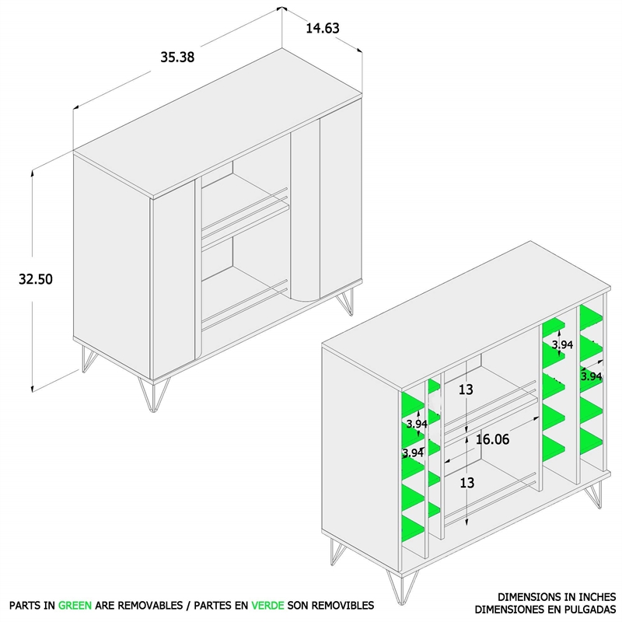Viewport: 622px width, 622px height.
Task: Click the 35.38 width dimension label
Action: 177,57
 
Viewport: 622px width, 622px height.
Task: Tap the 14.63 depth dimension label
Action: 323,28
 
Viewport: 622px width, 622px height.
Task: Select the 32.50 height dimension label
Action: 36,279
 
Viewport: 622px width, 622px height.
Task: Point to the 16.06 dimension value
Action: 492,439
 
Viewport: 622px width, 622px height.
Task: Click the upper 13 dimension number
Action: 466,390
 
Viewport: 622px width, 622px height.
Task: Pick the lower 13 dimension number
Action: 467,483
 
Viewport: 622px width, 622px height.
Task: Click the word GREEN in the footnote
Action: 75,606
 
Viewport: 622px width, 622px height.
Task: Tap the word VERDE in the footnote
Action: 267,606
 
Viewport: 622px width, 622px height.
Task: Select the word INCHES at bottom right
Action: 596,596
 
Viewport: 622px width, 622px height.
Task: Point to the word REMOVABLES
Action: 150,606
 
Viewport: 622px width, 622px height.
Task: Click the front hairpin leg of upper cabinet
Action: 154,394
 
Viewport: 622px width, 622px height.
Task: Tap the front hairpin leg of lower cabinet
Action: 402,587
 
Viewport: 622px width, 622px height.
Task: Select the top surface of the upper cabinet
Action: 218,124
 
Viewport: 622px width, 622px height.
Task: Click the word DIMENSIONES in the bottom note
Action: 505,609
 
